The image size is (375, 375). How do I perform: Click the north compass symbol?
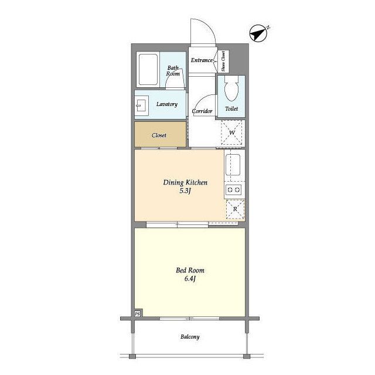[258, 33]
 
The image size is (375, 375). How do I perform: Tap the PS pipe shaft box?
[138, 314]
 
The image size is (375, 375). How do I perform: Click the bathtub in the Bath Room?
[148, 69]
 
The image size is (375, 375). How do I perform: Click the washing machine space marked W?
[232, 132]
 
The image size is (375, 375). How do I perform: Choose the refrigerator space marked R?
[235, 209]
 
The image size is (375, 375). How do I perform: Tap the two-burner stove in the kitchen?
[233, 190]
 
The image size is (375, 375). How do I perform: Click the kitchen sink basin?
[233, 165]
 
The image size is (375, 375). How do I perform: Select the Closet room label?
[159, 135]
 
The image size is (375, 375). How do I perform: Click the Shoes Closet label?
[223, 61]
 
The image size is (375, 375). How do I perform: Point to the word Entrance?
[202, 60]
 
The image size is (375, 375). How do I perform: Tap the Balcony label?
[190, 337]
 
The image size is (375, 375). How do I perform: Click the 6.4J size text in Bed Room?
[190, 279]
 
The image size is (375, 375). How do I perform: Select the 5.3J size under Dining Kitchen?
[185, 191]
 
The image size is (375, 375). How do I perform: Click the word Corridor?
[202, 111]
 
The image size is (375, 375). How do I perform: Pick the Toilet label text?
[231, 109]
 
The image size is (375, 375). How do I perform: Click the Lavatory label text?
[167, 104]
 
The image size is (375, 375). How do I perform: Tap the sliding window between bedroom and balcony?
[189, 319]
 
